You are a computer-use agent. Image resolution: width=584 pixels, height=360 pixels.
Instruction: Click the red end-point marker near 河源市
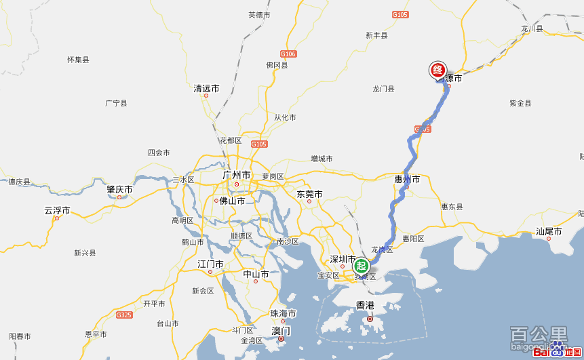click(x=438, y=70)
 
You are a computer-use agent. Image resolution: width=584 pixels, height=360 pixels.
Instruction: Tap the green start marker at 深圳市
click(x=361, y=266)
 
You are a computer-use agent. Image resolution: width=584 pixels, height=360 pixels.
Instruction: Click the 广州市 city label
click(x=237, y=175)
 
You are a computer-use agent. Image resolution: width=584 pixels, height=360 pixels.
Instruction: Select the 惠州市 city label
click(x=407, y=180)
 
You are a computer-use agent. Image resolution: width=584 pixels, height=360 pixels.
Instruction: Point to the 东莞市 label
click(x=309, y=195)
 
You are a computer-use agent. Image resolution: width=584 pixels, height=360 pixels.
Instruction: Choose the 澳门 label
click(x=281, y=331)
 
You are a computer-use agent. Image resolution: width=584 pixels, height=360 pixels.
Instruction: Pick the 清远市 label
click(x=206, y=89)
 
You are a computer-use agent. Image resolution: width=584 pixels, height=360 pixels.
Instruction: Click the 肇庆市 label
click(x=119, y=189)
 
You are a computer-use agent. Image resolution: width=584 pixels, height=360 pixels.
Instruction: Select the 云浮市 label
click(x=57, y=210)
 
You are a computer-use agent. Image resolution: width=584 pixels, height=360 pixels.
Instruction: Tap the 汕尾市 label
click(x=549, y=232)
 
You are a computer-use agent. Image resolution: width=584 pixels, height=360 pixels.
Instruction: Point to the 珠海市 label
click(x=283, y=314)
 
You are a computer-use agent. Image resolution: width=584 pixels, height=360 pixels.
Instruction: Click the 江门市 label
click(x=210, y=264)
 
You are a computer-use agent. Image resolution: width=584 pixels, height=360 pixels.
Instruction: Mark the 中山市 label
click(x=256, y=275)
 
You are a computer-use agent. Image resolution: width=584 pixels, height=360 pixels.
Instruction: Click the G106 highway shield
click(x=288, y=54)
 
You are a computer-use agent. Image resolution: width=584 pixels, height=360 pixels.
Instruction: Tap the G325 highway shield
click(x=124, y=315)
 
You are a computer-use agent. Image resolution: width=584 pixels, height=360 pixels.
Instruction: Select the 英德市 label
click(x=259, y=15)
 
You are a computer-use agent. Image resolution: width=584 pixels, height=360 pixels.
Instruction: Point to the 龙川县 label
click(x=532, y=29)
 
